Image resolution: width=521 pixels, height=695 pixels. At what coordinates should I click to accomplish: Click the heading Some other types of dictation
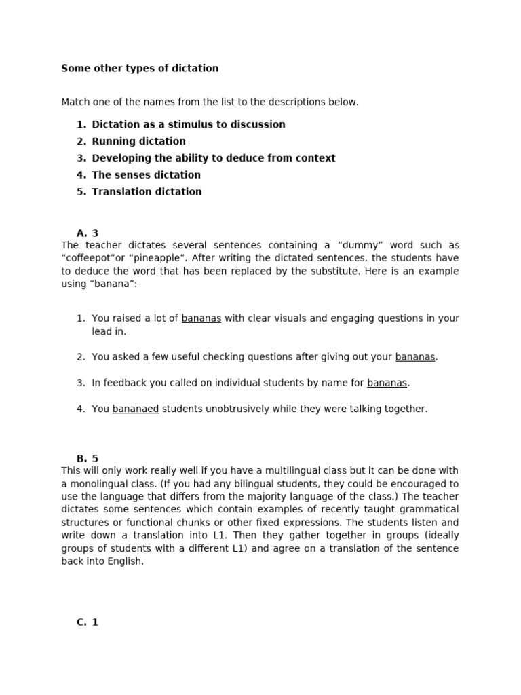click(140, 69)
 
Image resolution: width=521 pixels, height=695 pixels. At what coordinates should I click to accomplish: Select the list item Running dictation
click(138, 141)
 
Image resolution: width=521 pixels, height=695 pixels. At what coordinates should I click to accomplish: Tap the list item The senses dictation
click(146, 175)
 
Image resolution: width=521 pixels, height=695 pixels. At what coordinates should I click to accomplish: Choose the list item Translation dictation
click(147, 192)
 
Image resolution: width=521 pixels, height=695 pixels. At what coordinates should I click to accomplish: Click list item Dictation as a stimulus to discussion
click(188, 125)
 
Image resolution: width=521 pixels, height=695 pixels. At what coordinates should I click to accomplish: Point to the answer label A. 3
click(88, 233)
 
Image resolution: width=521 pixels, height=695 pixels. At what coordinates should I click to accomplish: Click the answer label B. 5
click(88, 459)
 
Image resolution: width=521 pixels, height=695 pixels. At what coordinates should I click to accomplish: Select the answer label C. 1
click(88, 622)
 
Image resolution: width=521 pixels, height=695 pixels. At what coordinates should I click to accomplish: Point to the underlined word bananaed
click(136, 409)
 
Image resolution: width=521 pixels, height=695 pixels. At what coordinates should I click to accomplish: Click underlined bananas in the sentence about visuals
click(201, 318)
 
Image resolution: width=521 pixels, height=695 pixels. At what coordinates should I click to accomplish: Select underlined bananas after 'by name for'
click(387, 383)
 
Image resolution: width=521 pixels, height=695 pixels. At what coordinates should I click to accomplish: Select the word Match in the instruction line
click(75, 102)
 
